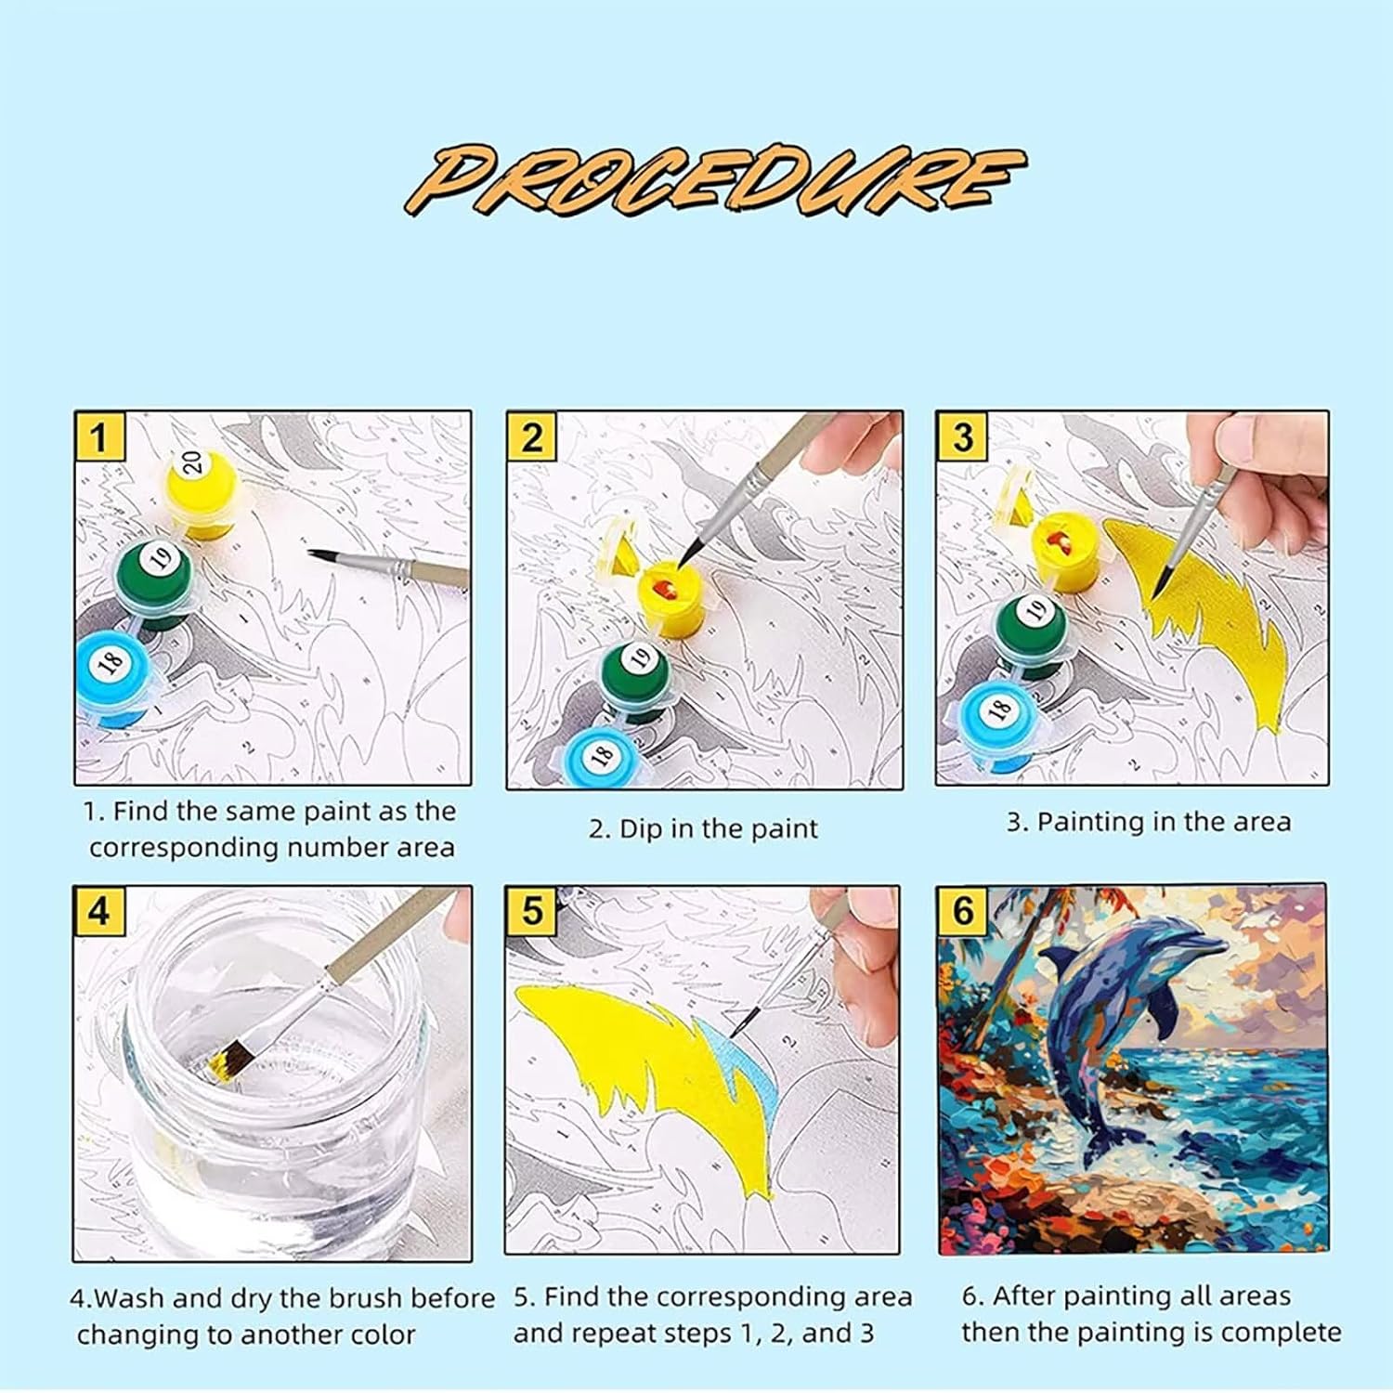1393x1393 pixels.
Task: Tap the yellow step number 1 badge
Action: click(99, 436)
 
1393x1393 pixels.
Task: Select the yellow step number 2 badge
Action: click(531, 436)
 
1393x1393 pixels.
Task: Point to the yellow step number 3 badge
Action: click(962, 436)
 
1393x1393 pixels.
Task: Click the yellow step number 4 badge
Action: click(98, 910)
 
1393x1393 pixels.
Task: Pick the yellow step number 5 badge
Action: click(531, 910)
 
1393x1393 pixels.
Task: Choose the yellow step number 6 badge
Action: click(962, 910)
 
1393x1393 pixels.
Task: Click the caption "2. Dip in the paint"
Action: click(703, 828)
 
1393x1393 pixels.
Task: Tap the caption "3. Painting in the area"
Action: click(1149, 822)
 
